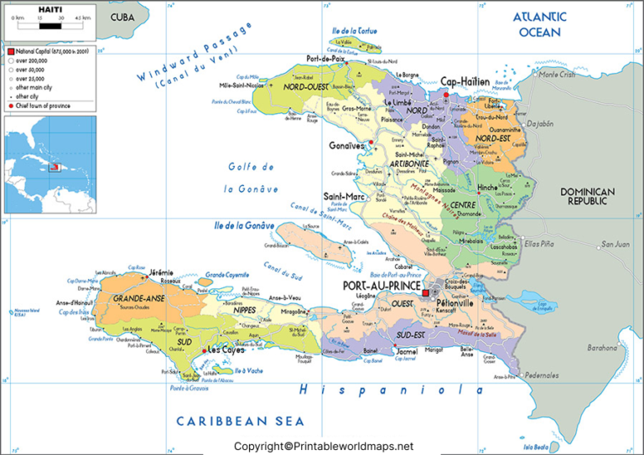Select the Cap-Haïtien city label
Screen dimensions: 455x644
(x=465, y=82)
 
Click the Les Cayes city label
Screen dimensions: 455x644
(x=225, y=349)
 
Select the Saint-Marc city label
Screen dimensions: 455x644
(x=342, y=197)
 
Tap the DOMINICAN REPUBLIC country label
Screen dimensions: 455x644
(x=588, y=196)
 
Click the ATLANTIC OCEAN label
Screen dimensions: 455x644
(x=540, y=23)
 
